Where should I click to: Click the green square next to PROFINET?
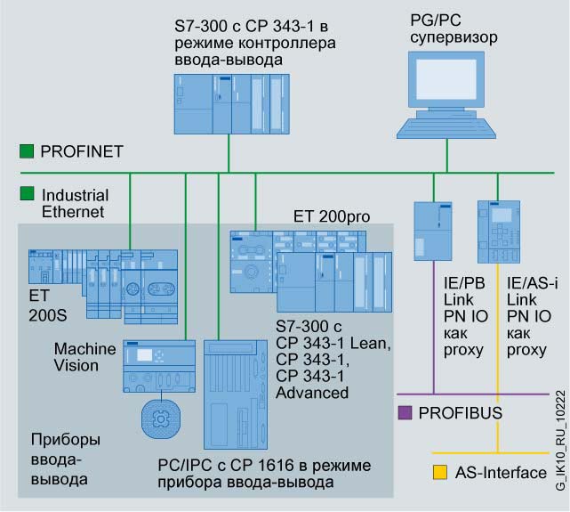27,151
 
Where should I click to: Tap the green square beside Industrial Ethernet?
27,193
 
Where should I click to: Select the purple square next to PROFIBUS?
405,412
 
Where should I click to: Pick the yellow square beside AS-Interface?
439,471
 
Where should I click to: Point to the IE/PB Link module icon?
433,232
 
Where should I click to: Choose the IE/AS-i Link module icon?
498,232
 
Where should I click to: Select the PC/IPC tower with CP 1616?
236,397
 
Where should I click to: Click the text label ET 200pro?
331,216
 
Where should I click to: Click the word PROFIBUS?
461,413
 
